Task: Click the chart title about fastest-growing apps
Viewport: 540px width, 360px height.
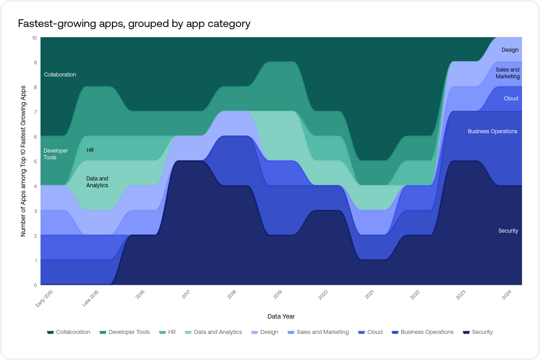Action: [x=134, y=23]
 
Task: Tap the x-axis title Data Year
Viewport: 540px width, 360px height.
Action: [x=281, y=316]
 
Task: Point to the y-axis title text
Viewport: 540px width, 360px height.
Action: [x=23, y=161]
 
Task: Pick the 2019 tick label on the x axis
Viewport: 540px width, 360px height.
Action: [x=278, y=296]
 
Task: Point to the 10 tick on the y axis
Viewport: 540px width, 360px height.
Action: [x=34, y=38]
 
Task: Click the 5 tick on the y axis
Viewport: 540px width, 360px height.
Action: [x=35, y=161]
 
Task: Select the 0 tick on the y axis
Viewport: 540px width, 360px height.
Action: [x=35, y=285]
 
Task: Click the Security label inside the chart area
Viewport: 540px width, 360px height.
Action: [x=508, y=231]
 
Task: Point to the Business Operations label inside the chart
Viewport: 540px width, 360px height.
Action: [x=492, y=131]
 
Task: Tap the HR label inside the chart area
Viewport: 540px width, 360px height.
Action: [x=90, y=150]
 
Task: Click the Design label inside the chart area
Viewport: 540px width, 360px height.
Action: [x=510, y=50]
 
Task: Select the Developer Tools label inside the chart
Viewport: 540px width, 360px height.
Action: [x=56, y=154]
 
